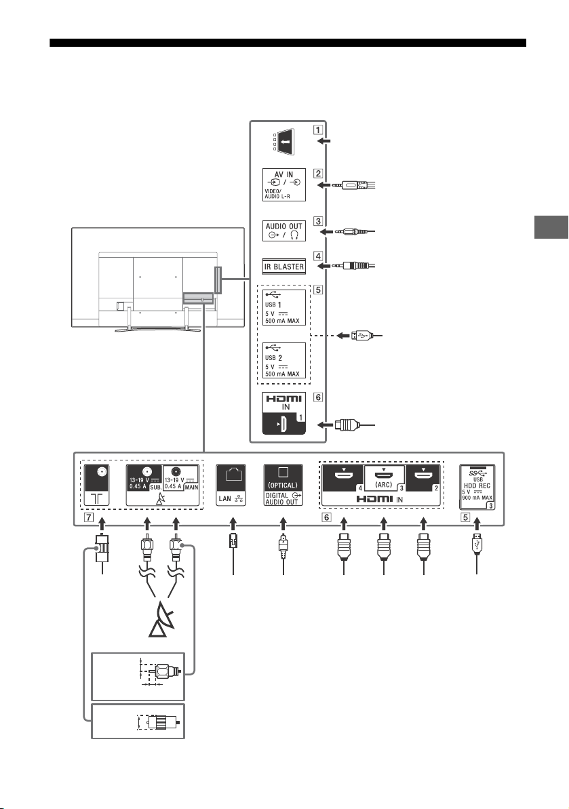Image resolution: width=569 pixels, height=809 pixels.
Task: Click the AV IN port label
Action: click(x=283, y=184)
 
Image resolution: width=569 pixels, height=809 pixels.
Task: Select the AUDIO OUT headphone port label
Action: click(x=283, y=231)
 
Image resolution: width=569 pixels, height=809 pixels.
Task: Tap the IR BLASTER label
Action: click(x=283, y=267)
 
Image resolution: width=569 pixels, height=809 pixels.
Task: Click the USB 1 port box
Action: click(x=283, y=307)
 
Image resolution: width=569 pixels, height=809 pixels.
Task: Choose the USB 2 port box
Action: click(x=283, y=360)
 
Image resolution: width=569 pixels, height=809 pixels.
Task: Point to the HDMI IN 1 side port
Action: click(x=283, y=413)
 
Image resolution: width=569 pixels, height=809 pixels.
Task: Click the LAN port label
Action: click(x=231, y=485)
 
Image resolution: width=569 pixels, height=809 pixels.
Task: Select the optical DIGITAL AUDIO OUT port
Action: click(x=283, y=485)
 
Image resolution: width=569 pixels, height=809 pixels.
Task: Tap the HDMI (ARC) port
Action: click(x=384, y=478)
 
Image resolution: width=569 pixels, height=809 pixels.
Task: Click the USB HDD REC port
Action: click(x=477, y=487)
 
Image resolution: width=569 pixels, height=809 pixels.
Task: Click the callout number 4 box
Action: click(x=318, y=256)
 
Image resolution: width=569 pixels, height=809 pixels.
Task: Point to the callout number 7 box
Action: click(x=90, y=517)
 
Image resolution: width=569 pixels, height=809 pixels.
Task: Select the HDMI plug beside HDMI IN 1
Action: click(x=346, y=425)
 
